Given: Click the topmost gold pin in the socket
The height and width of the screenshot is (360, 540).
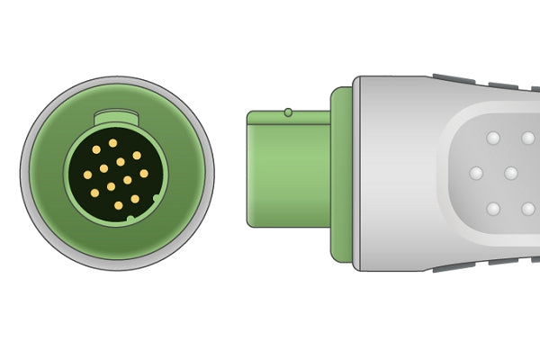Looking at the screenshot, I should [112, 142].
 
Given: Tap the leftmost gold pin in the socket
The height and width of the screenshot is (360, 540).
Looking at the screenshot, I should [87, 175].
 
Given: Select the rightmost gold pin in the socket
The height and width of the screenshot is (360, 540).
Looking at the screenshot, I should [144, 174].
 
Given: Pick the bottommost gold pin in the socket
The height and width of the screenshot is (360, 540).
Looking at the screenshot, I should [118, 205].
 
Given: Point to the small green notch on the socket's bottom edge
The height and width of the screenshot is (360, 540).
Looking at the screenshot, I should [130, 218].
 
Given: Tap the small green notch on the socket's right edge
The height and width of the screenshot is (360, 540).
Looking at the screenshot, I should [157, 197].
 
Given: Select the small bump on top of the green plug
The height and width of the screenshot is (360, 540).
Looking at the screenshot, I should [287, 112].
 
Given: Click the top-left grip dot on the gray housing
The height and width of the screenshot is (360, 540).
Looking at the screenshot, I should [492, 139].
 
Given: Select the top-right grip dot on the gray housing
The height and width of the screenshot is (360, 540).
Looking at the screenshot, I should [527, 139].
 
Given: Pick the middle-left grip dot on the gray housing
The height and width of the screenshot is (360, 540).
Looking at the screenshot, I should [476, 173].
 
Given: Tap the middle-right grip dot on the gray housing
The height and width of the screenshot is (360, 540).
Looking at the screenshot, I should [510, 173].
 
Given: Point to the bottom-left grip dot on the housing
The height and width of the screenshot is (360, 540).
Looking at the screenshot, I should [492, 208].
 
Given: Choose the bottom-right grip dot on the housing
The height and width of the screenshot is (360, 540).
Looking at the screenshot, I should [527, 208].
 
